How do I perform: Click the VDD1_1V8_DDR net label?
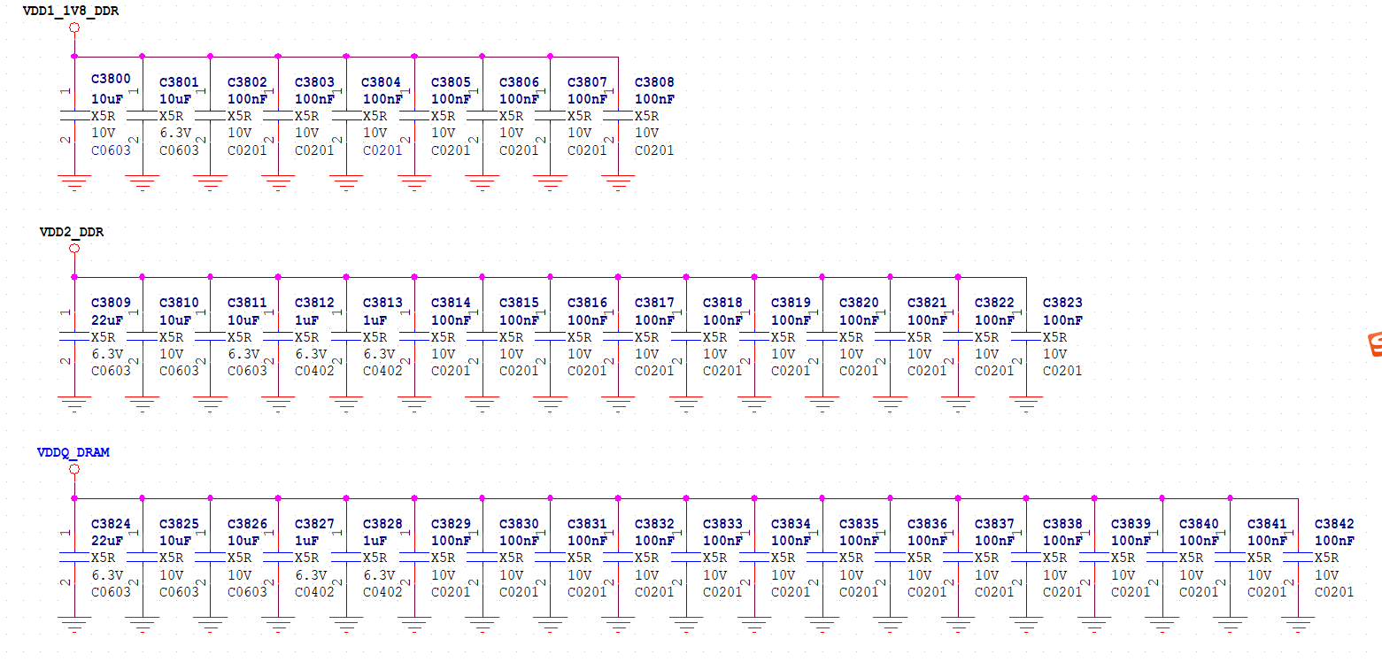click(71, 12)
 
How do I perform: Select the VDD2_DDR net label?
click(72, 232)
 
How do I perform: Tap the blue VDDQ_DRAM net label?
click(73, 452)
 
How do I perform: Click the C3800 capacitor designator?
click(111, 80)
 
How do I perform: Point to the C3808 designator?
click(654, 82)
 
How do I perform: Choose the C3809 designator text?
click(111, 303)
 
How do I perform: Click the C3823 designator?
click(1062, 303)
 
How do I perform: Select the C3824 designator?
click(111, 524)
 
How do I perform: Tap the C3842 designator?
click(1334, 524)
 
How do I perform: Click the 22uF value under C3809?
click(107, 319)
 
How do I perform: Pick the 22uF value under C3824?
click(107, 541)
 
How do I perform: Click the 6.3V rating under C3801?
click(174, 133)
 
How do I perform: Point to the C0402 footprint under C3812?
click(314, 371)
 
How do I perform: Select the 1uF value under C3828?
click(374, 541)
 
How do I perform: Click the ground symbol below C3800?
click(74, 183)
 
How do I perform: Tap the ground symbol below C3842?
click(1299, 625)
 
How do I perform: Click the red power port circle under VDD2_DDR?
click(74, 249)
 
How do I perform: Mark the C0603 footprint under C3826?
click(247, 592)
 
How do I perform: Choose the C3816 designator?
click(587, 303)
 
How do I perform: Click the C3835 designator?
click(859, 524)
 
